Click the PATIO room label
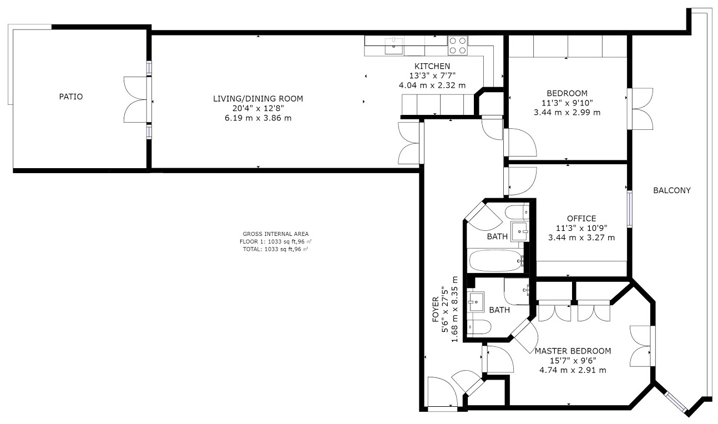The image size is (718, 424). click(x=71, y=97)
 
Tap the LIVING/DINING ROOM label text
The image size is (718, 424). click(x=258, y=99)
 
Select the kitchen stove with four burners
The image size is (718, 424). click(x=458, y=45)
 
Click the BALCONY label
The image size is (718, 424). click(x=671, y=190)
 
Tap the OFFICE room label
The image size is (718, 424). click(x=581, y=219)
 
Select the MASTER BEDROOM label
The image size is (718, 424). click(x=573, y=351)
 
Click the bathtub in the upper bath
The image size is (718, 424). click(x=496, y=260)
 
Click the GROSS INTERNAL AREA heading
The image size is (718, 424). click(x=275, y=234)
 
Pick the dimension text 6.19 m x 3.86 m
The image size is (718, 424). click(x=258, y=118)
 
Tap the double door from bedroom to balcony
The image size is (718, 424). click(x=639, y=108)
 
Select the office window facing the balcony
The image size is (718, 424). click(x=629, y=209)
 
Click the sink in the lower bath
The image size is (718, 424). click(x=476, y=302)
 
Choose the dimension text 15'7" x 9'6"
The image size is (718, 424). click(x=572, y=361)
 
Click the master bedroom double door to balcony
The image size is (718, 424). click(x=642, y=346)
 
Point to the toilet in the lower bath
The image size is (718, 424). click(x=478, y=327)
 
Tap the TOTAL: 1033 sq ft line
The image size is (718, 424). click(x=275, y=249)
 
